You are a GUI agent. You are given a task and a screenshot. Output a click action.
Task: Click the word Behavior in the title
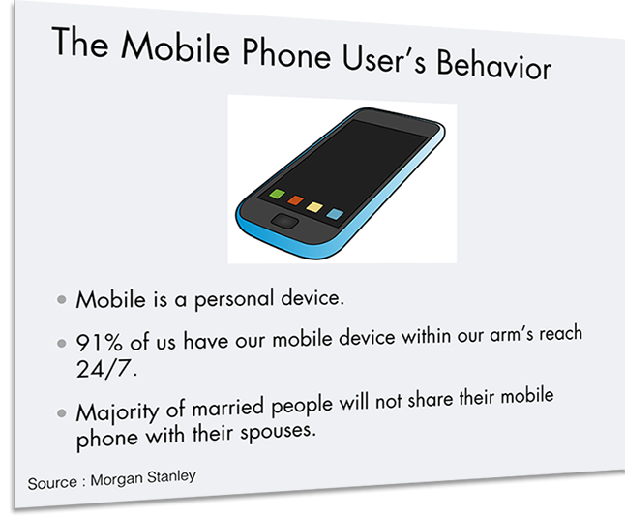[494, 66]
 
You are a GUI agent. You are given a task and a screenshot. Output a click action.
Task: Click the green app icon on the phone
[277, 195]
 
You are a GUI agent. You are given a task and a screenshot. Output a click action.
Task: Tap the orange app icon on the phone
[295, 200]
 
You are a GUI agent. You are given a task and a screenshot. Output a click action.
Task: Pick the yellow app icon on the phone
[314, 207]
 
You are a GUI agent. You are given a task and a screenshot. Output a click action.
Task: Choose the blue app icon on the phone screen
[335, 214]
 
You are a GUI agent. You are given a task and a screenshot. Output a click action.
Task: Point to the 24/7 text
[106, 369]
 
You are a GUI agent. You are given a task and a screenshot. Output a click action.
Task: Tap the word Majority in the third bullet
[117, 412]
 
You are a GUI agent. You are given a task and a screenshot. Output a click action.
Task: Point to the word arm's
[512, 335]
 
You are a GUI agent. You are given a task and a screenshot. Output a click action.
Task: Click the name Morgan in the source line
[116, 479]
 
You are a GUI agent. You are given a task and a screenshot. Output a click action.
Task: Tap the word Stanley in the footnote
[171, 477]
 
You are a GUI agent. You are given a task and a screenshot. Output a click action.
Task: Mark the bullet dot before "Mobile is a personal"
[61, 299]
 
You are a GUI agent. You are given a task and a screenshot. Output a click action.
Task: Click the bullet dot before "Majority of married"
[61, 413]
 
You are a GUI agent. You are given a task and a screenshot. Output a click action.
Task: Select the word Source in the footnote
[52, 483]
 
